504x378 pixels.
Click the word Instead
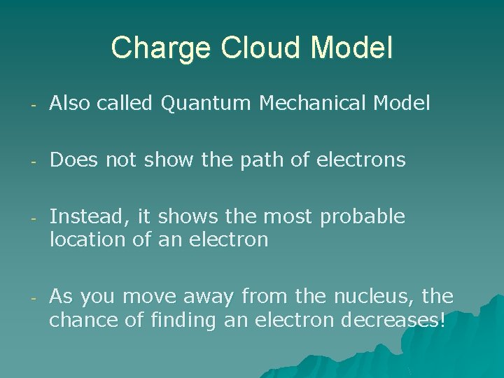coord(79,217)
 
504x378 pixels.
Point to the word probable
coord(362,217)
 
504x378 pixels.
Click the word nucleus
coord(368,296)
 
